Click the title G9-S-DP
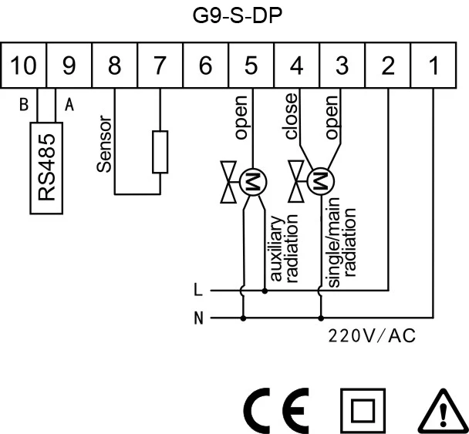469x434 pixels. pos(234,16)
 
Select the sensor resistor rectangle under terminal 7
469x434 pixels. pos(160,152)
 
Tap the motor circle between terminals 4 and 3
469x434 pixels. pos(318,182)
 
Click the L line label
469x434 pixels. pos(199,291)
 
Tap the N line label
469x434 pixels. pos(199,317)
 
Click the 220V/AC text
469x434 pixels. pos(373,336)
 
